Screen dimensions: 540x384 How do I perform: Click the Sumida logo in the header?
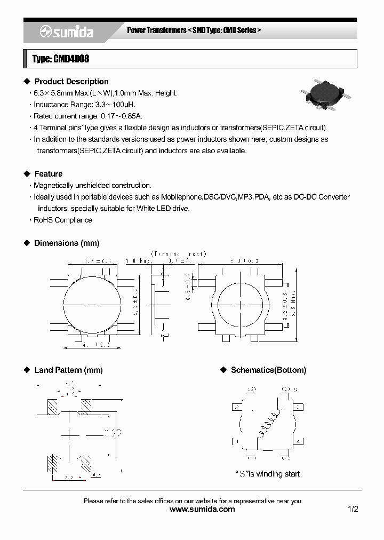click(67, 33)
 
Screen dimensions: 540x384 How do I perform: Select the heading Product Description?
click(71, 82)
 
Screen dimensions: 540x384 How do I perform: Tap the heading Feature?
click(48, 174)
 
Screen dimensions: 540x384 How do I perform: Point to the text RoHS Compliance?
click(63, 220)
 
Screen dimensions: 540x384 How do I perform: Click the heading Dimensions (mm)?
click(67, 243)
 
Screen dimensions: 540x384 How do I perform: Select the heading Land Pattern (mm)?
click(68, 370)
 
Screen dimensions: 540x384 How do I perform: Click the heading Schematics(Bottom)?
click(268, 370)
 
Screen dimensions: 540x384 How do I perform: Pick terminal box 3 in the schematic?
click(299, 407)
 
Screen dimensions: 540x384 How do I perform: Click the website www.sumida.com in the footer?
click(202, 510)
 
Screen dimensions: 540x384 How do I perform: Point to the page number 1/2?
click(353, 510)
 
